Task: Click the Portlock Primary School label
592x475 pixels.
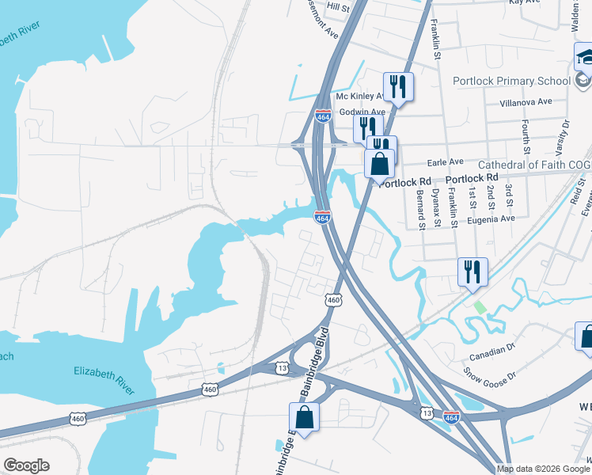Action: (x=511, y=81)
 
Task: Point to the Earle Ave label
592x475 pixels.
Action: (x=445, y=161)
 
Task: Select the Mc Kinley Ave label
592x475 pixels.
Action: (x=359, y=97)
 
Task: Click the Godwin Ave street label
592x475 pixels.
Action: (x=362, y=112)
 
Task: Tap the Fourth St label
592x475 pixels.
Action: (x=526, y=137)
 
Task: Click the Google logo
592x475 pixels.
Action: (x=26, y=465)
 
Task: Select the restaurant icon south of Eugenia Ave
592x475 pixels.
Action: (x=472, y=272)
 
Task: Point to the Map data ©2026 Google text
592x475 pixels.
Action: (x=542, y=469)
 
